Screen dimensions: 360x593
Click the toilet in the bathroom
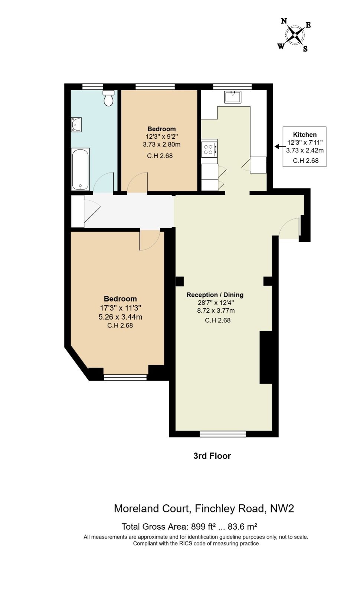tap(109, 98)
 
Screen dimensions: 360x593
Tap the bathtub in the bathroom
tap(80, 169)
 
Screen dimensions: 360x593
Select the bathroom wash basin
tap(76, 125)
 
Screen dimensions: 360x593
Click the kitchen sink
tap(233, 97)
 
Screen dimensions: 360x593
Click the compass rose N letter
tap(284, 21)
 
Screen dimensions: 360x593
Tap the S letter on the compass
tap(305, 49)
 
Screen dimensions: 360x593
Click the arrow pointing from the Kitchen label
tap(279, 146)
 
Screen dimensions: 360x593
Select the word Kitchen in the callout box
tap(305, 135)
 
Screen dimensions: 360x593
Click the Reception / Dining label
tap(215, 295)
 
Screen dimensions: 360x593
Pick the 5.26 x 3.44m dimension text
tap(120, 317)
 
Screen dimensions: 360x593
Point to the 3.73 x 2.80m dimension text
tap(161, 145)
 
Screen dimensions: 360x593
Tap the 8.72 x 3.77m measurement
tap(216, 310)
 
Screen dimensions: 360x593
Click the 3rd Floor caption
tap(212, 456)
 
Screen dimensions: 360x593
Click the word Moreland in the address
tap(134, 508)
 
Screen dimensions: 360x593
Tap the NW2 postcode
tap(282, 508)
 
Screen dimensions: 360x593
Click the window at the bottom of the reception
tap(223, 434)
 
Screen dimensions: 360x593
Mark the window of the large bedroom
tap(125, 378)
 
